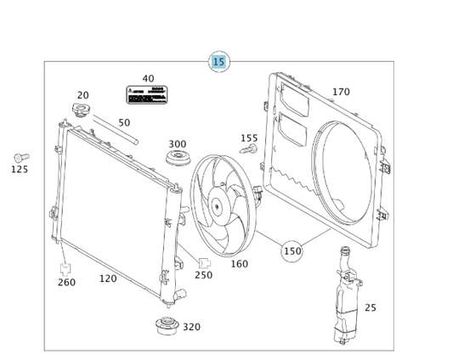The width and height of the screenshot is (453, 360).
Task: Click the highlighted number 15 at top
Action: point(219,61)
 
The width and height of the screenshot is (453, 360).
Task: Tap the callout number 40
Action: point(148,78)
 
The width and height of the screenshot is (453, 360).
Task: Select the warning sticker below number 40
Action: point(147,94)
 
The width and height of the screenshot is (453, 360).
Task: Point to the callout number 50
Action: point(124,122)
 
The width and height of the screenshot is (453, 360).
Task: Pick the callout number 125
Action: point(19,170)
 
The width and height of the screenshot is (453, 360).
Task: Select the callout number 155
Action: point(248,138)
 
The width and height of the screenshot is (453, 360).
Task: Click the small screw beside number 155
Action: point(247,150)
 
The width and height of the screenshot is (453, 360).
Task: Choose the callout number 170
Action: point(341,92)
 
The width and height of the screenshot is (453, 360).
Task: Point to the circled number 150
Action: point(292,250)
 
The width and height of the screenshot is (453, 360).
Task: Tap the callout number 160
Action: point(240,264)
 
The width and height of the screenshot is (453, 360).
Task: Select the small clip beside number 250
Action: point(204,262)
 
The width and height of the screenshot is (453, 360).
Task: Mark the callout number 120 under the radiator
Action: point(108,278)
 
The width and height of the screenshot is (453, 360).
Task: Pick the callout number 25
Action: point(370,307)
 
